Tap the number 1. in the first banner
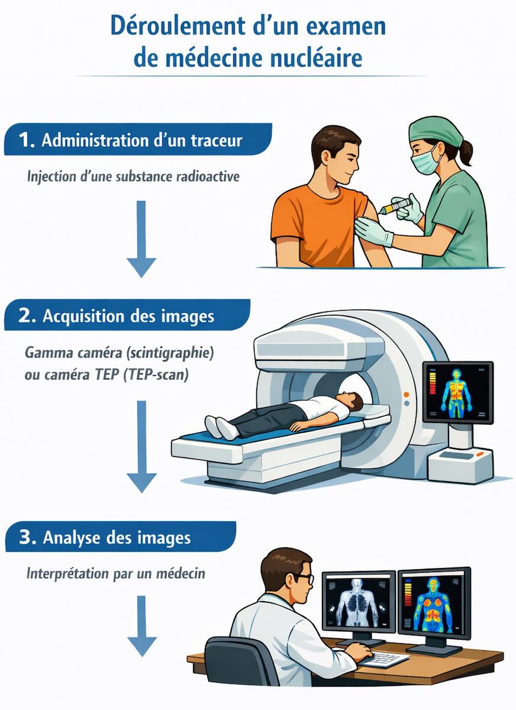click(26, 140)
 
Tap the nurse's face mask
click(426, 161)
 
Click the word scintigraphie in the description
click(170, 353)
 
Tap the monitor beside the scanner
click(458, 392)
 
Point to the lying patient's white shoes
click(221, 427)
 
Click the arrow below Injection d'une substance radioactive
click(141, 239)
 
